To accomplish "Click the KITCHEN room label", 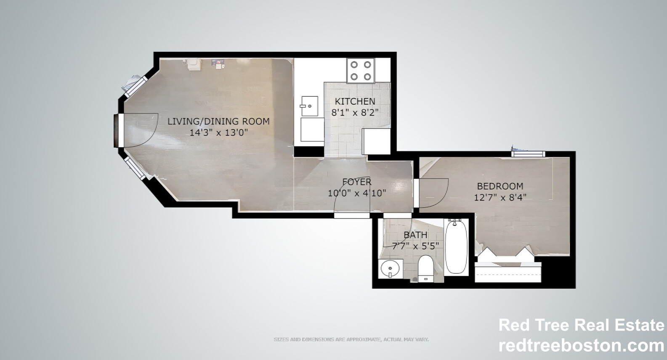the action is [355, 101].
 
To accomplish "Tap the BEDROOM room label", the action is [500, 186].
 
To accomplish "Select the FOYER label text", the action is [357, 182].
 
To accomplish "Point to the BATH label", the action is [415, 235].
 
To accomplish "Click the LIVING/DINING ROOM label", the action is [218, 122].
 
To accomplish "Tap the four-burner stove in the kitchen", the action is [361, 71].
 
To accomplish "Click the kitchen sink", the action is [309, 106].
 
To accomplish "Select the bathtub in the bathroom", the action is [456, 246].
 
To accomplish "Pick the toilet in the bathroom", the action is [425, 268].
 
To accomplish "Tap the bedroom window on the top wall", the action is [528, 154].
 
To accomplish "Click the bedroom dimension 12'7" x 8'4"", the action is [500, 198].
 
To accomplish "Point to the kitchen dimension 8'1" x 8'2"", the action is [355, 113].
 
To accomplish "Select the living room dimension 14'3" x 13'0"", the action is [218, 132].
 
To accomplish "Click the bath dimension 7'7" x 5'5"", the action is [415, 246].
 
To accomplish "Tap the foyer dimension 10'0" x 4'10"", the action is [357, 193].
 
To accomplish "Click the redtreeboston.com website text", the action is [581, 345].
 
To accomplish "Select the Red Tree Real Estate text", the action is [581, 325].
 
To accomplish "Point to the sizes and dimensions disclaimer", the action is [351, 339].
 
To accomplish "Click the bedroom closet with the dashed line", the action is [508, 272].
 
